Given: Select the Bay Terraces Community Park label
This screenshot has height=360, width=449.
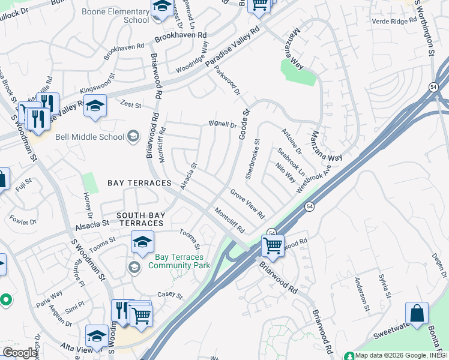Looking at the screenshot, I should point(178,261).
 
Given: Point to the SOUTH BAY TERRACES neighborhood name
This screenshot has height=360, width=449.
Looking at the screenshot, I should point(131,219).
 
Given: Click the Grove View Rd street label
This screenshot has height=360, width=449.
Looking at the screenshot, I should point(247,203).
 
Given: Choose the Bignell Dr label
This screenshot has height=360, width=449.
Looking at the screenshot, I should point(223,125).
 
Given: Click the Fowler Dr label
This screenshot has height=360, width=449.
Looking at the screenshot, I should point(23,221).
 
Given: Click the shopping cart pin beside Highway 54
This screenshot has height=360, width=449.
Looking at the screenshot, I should point(273,245).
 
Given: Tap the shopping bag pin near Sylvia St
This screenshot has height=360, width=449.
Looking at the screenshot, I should point(417,313).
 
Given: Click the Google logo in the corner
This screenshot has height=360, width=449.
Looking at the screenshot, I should point(19,353).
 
